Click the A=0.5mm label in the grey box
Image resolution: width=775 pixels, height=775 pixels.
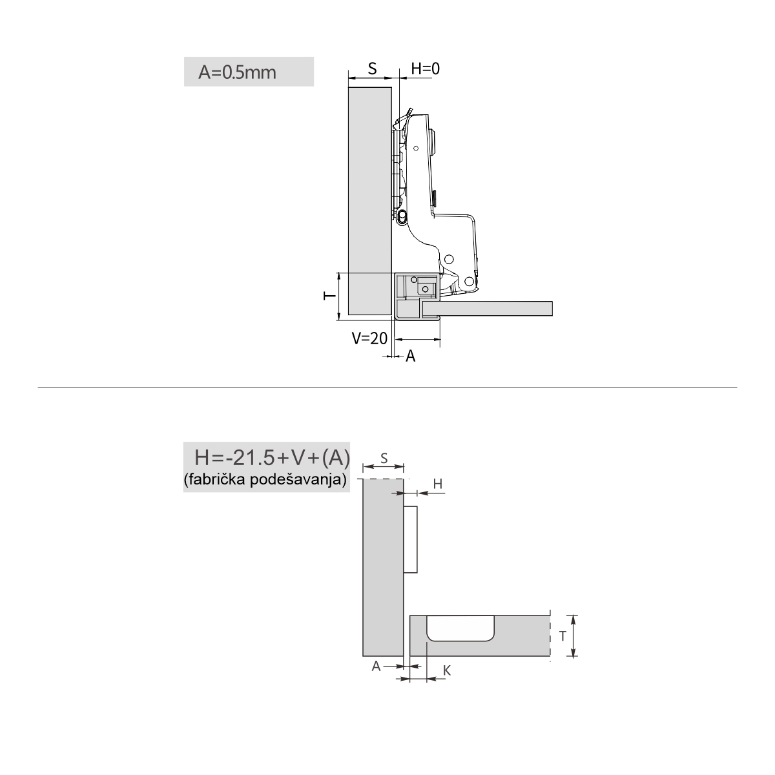pyautogui.click(x=237, y=73)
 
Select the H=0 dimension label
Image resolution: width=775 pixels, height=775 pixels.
pyautogui.click(x=426, y=68)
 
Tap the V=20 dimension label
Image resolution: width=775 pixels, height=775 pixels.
pyautogui.click(x=369, y=338)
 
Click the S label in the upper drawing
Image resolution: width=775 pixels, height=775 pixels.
pyautogui.click(x=373, y=68)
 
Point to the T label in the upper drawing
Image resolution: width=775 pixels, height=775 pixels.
pyautogui.click(x=330, y=296)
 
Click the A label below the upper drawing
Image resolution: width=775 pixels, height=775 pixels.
pyautogui.click(x=410, y=356)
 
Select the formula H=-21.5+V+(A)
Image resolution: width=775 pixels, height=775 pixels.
pyautogui.click(x=273, y=458)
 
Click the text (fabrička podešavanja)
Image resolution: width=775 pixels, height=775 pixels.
pyautogui.click(x=265, y=479)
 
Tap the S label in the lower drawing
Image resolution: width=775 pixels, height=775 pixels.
pyautogui.click(x=384, y=458)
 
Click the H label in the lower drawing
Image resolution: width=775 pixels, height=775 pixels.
pyautogui.click(x=438, y=484)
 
